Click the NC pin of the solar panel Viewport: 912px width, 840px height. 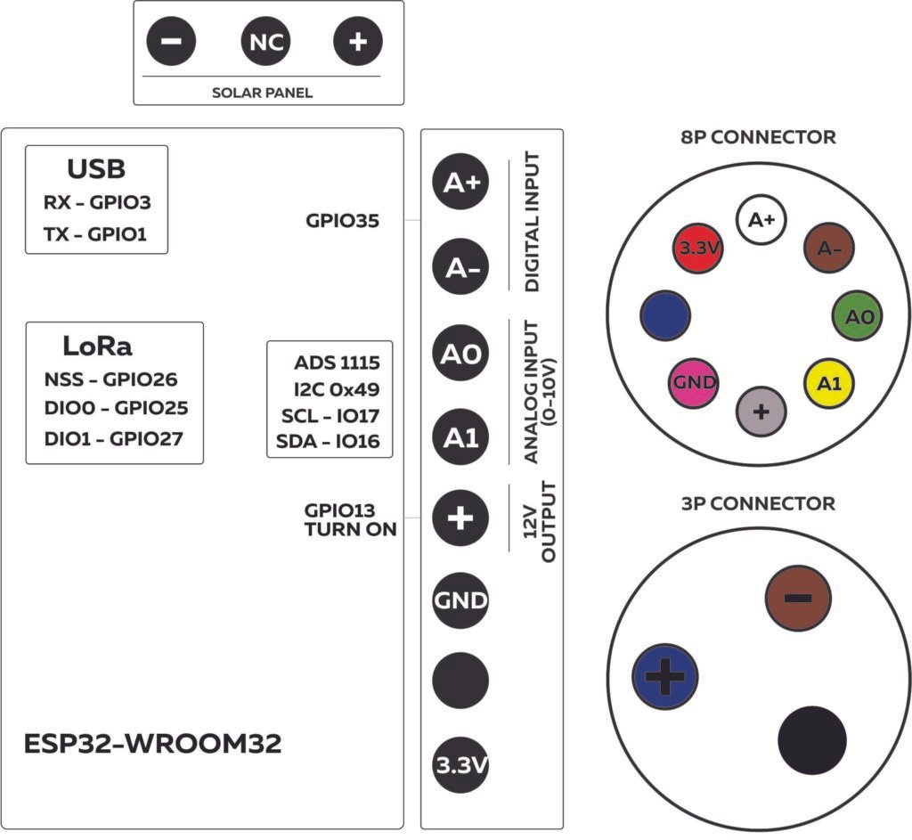point(265,42)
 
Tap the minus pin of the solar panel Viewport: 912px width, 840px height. point(171,42)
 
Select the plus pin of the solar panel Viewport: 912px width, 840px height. point(357,42)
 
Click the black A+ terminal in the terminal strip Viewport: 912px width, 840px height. point(460,183)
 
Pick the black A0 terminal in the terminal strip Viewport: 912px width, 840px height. point(460,354)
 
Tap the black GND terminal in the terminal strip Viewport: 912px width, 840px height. point(460,599)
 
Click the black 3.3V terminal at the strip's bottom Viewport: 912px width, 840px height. point(460,765)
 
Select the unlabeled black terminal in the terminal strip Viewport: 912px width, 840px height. point(460,681)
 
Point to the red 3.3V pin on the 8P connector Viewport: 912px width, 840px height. point(698,249)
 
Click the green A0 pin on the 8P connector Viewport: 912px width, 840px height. point(859,316)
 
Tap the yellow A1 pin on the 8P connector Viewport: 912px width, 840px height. point(830,383)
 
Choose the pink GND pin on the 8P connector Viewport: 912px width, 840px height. point(695,382)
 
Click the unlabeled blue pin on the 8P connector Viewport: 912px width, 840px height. point(665,314)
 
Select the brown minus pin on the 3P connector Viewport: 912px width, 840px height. point(797,598)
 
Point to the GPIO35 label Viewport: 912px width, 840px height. point(342,221)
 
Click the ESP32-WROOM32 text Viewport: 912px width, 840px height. point(153,744)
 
